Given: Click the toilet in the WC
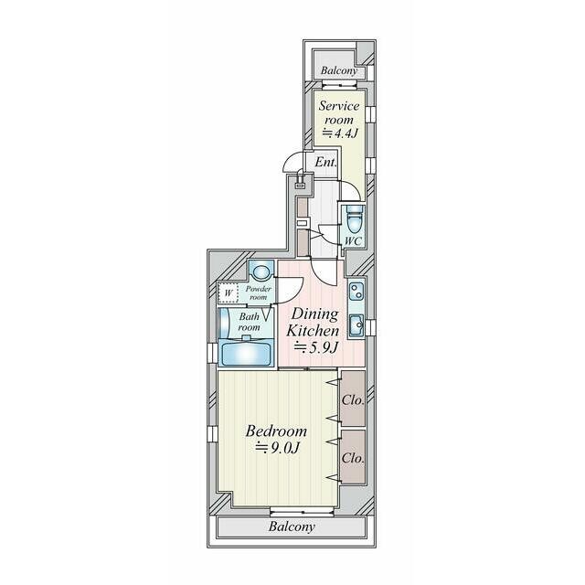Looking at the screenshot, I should (355, 219).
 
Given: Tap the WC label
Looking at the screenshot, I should (354, 240).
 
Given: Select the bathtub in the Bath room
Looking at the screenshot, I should (245, 351).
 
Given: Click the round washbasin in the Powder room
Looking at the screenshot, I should (261, 271).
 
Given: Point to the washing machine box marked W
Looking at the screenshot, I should (229, 293).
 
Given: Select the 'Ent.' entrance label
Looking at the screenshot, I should (325, 162).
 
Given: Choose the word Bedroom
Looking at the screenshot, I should (275, 430).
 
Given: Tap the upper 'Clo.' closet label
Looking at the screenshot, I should (353, 399).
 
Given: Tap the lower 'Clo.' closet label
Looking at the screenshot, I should (353, 456).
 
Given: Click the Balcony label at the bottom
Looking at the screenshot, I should (292, 526).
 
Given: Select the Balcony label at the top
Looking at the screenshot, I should (339, 71).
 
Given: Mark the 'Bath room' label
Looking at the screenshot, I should (250, 321).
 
